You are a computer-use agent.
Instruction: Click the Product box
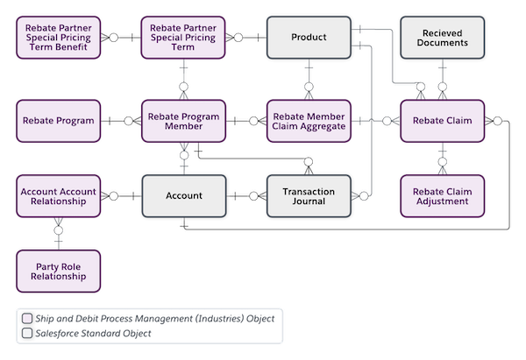click(x=309, y=38)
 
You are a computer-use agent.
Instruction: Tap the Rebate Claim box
click(x=443, y=121)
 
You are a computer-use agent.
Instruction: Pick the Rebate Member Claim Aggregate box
click(x=309, y=121)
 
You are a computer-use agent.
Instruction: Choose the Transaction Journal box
click(x=309, y=195)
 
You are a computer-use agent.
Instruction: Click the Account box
click(x=184, y=195)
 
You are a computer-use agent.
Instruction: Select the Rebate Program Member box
click(x=184, y=121)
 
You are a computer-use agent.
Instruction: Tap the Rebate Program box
click(x=59, y=121)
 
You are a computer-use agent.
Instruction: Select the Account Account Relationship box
click(x=59, y=195)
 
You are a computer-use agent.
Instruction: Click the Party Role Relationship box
click(x=59, y=271)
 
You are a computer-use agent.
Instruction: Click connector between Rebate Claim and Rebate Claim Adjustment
click(x=443, y=159)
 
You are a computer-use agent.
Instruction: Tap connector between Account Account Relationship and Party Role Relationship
click(x=59, y=233)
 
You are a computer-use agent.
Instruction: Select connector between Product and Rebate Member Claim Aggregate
click(x=309, y=80)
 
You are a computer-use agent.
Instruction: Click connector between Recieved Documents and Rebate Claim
click(x=443, y=80)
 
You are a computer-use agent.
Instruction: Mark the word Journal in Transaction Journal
click(x=309, y=201)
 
